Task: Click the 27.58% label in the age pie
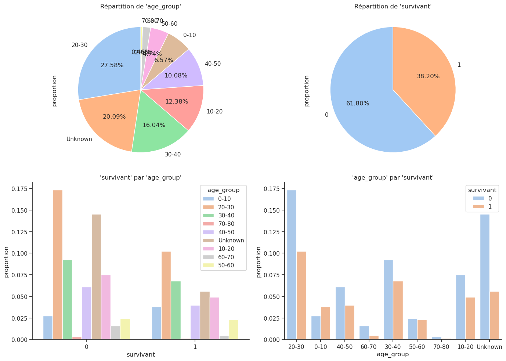click(112, 65)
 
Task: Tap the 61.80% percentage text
click(358, 104)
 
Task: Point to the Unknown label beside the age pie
click(79, 139)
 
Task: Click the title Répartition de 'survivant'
click(393, 6)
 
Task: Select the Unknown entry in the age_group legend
click(231, 241)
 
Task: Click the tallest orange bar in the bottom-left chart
click(58, 264)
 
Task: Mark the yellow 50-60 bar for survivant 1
click(234, 329)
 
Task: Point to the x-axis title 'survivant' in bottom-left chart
click(141, 354)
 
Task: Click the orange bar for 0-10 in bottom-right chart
click(325, 323)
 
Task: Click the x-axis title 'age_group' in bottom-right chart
click(393, 354)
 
